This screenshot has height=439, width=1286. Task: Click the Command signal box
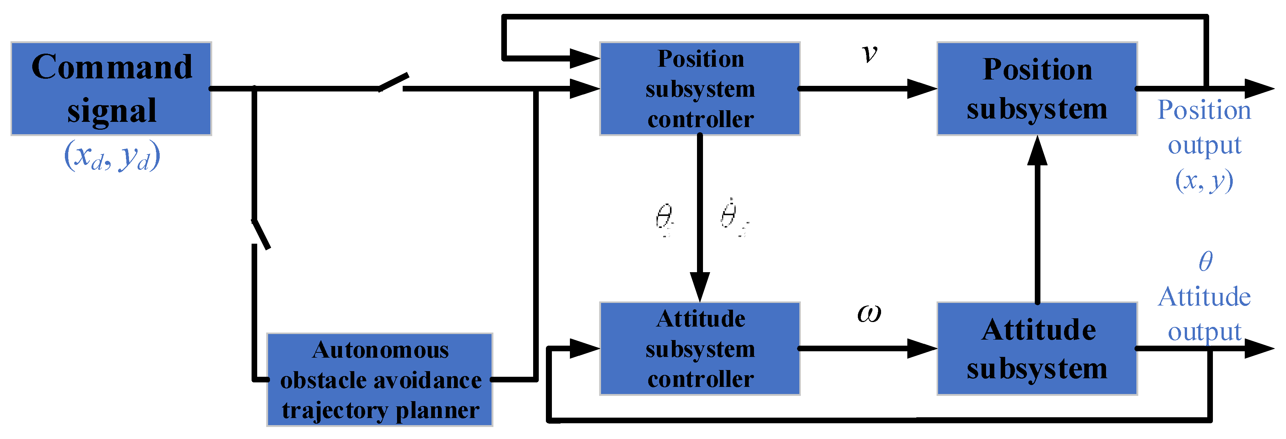pos(111,88)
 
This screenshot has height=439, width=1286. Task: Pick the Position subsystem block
pos(1037,88)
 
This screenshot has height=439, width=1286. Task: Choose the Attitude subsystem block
pos(1037,349)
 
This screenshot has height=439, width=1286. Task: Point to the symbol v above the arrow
pos(869,54)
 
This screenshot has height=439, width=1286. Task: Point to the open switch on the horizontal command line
pos(393,83)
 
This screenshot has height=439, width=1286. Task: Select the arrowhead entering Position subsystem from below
pos(1037,150)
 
